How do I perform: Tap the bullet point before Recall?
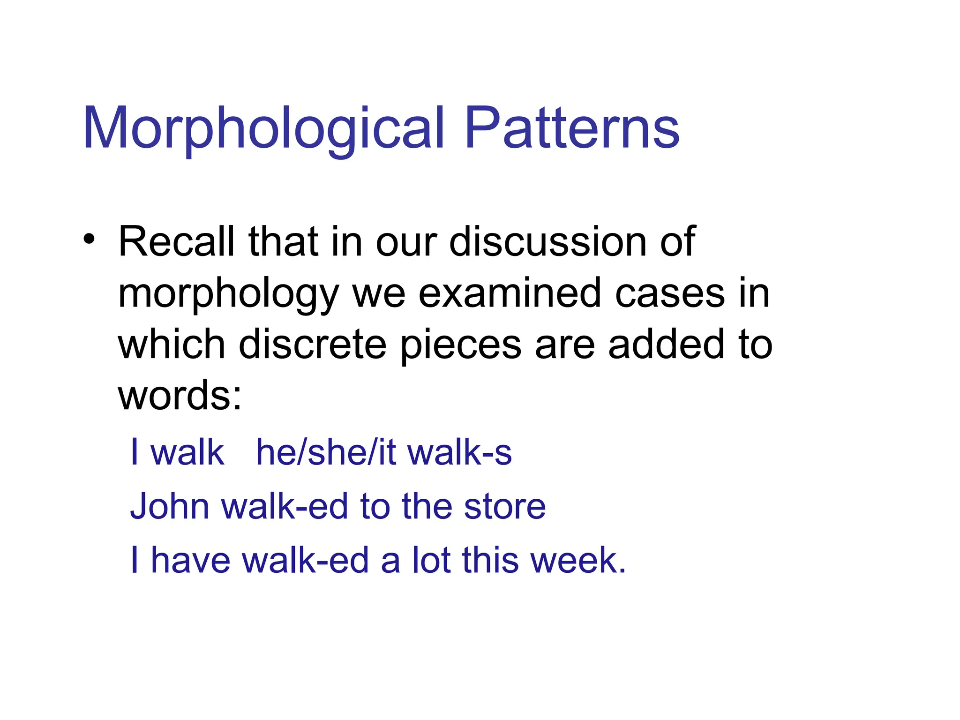pyautogui.click(x=89, y=240)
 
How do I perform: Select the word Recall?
pyautogui.click(x=176, y=242)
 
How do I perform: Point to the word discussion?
pyautogui.click(x=547, y=242)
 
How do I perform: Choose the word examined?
pyautogui.click(x=509, y=293)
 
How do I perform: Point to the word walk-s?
pyautogui.click(x=459, y=453)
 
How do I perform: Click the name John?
pyautogui.click(x=169, y=507)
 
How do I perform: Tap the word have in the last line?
pyautogui.click(x=190, y=560)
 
